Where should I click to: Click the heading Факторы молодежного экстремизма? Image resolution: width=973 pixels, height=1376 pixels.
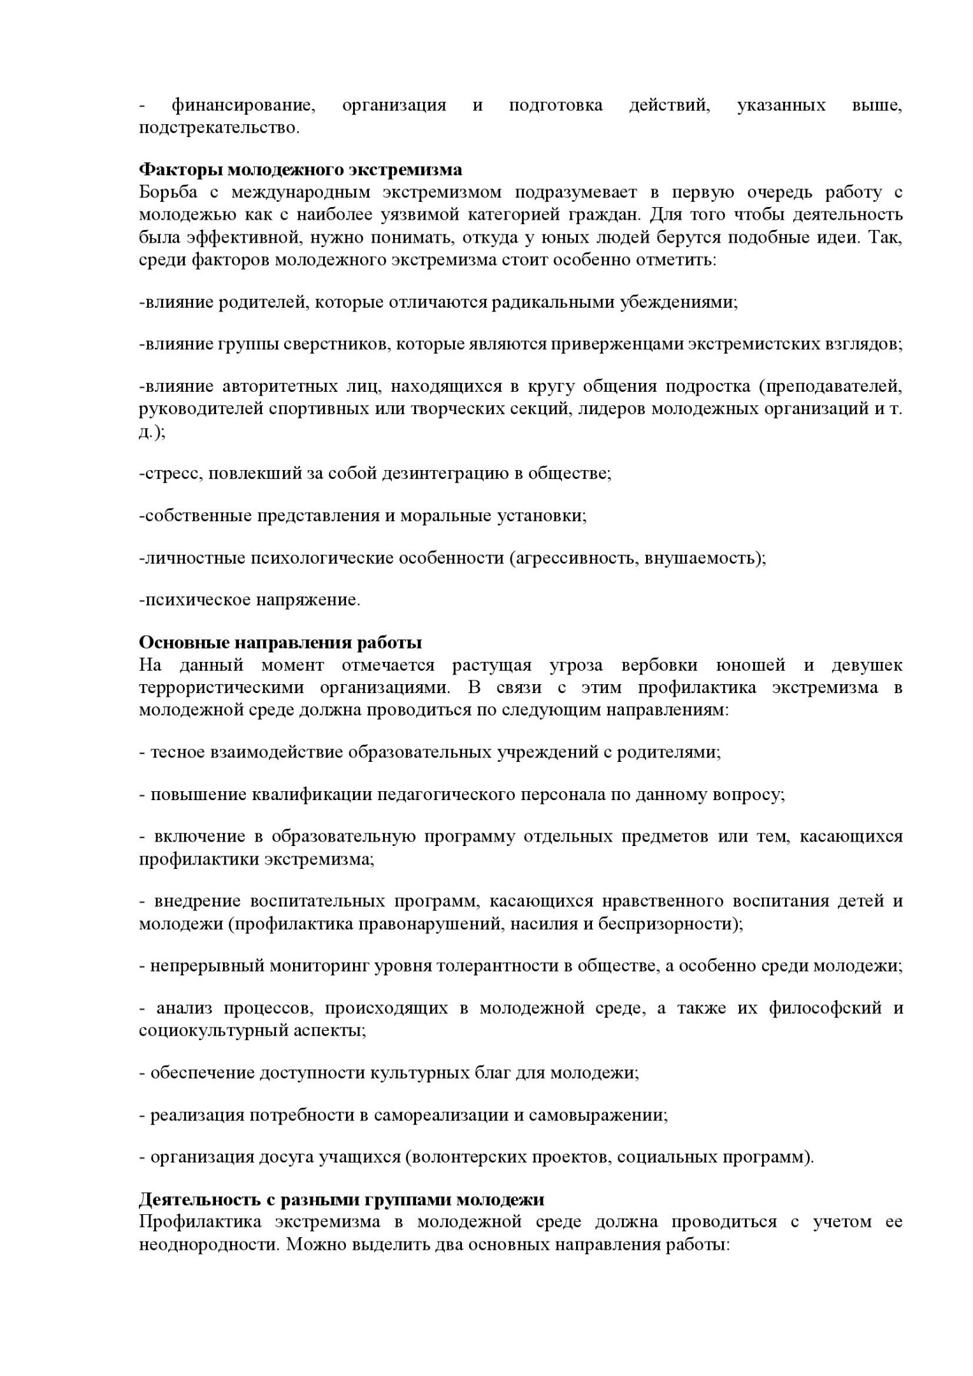click(300, 170)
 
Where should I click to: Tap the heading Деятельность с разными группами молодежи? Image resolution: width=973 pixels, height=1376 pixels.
click(342, 1200)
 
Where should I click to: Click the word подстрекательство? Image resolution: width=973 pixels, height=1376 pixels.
click(219, 127)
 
